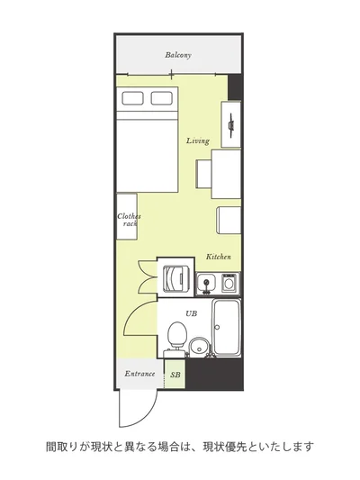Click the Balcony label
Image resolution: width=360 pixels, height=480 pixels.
tap(178, 55)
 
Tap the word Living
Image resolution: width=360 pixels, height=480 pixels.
tap(198, 140)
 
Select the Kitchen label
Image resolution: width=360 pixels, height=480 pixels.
tap(219, 257)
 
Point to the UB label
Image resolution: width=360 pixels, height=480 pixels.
tap(191, 313)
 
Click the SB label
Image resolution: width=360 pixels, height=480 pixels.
tap(175, 375)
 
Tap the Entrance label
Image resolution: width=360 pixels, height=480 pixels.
tap(139, 374)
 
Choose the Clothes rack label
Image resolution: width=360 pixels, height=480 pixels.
tap(129, 220)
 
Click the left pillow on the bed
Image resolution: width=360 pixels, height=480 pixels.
tap(132, 98)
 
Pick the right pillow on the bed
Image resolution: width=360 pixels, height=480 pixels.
tap(161, 98)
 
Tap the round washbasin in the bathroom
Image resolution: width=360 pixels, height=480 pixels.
tap(199, 347)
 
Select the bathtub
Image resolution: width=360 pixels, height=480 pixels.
tap(226, 328)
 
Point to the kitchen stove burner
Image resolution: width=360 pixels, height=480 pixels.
tap(229, 283)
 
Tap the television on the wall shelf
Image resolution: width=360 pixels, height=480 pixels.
tap(231, 124)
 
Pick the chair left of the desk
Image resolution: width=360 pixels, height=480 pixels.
tap(203, 174)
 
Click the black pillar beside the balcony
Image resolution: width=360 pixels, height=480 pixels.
tap(235, 87)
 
